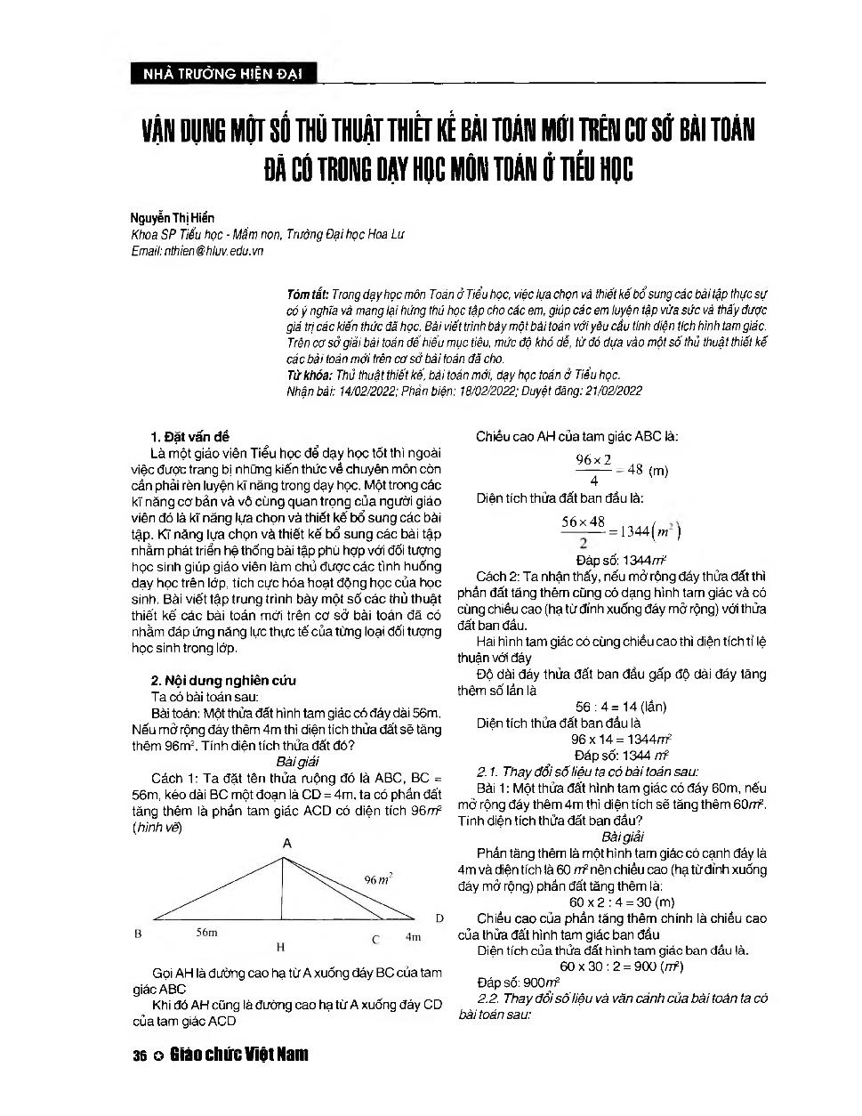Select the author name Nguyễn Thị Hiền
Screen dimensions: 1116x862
(173, 217)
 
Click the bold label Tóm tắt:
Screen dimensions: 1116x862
(308, 294)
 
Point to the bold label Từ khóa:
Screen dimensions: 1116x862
(310, 375)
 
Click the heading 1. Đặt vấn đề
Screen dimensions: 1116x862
(190, 436)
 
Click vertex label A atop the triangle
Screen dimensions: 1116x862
(286, 843)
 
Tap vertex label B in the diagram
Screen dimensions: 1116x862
(138, 934)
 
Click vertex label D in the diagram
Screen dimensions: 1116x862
(439, 918)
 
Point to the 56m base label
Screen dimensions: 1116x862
(206, 933)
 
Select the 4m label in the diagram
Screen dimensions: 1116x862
(413, 936)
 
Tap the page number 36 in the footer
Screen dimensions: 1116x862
(139, 1055)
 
